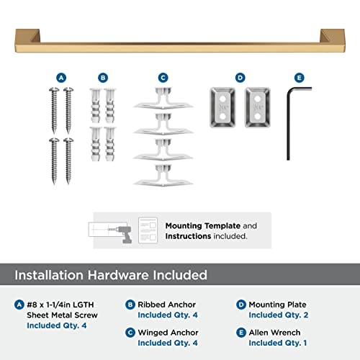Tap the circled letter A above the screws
[60, 77]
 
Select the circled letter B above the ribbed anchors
[103, 77]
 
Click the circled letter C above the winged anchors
[163, 77]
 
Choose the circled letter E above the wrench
[299, 77]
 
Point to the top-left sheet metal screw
[53, 104]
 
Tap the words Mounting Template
[197, 225]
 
